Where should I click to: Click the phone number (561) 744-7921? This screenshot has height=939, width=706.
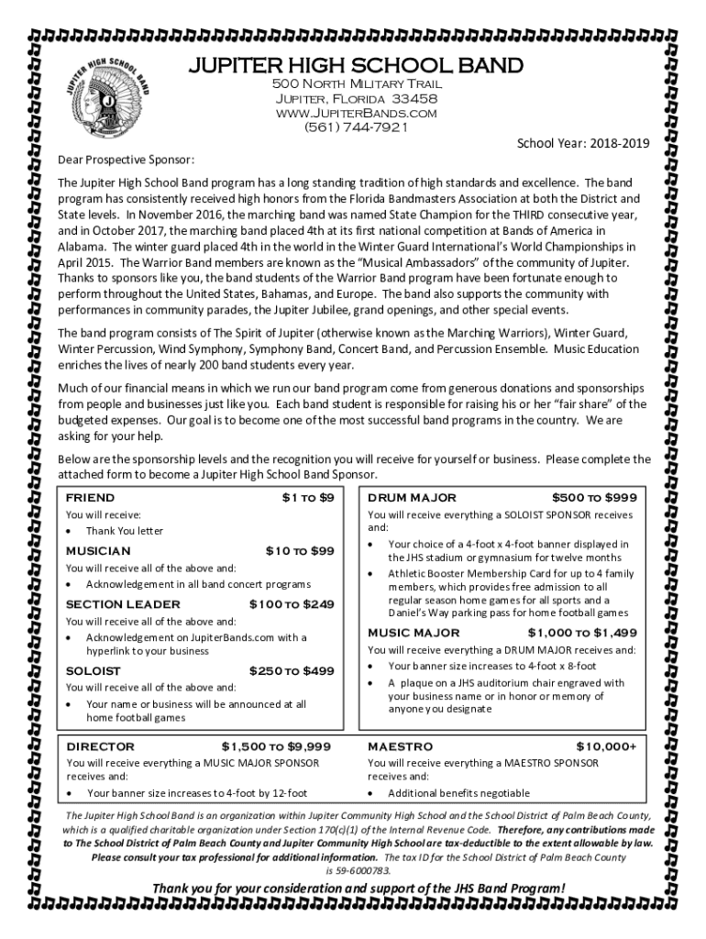[x=354, y=127]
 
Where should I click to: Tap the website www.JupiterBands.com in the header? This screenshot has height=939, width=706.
[x=354, y=113]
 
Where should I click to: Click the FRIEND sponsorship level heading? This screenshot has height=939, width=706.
[x=91, y=497]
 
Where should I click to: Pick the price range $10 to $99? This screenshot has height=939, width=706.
[x=300, y=550]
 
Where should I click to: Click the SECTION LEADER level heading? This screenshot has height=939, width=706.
[x=123, y=603]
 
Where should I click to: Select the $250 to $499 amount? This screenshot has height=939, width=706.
[x=292, y=670]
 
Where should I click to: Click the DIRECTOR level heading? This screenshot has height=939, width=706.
[x=100, y=746]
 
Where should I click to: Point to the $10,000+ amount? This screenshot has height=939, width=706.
[x=606, y=746]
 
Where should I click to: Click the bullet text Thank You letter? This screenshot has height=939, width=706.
[x=125, y=531]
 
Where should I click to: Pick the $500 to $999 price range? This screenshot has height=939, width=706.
[x=594, y=497]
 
